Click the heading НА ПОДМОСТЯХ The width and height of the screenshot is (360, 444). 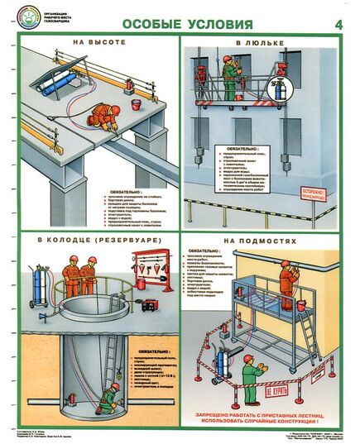pos(264,244)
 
